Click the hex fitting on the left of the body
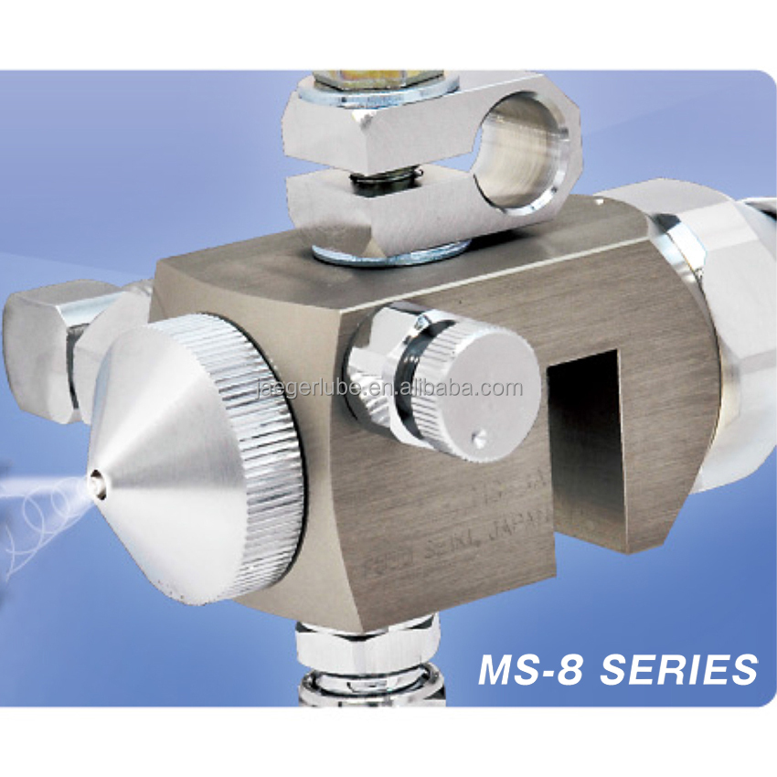click(46, 347)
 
